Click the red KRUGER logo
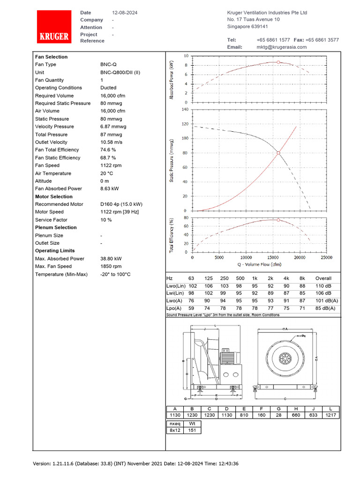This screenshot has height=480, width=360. click(x=54, y=27)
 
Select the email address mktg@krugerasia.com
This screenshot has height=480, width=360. click(x=281, y=47)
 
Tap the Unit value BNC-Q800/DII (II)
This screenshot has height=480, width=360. click(x=120, y=73)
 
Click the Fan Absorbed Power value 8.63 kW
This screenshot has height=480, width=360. click(x=110, y=188)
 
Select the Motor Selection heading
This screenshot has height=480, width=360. click(x=54, y=196)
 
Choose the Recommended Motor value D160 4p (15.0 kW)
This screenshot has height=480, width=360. click(x=121, y=204)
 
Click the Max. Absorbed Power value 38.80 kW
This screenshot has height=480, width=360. click(x=111, y=259)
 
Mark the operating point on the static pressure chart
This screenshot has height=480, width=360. click(x=278, y=153)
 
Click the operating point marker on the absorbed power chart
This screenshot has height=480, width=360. click(x=278, y=62)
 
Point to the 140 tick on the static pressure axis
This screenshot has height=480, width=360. click(x=184, y=109)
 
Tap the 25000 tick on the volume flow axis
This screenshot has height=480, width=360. click(x=326, y=257)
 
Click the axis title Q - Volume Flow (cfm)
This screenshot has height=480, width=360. click(x=259, y=264)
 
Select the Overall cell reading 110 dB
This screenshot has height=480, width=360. click(x=323, y=285)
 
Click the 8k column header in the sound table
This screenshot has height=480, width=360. click(x=302, y=278)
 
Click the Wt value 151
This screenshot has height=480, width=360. click(x=192, y=430)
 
